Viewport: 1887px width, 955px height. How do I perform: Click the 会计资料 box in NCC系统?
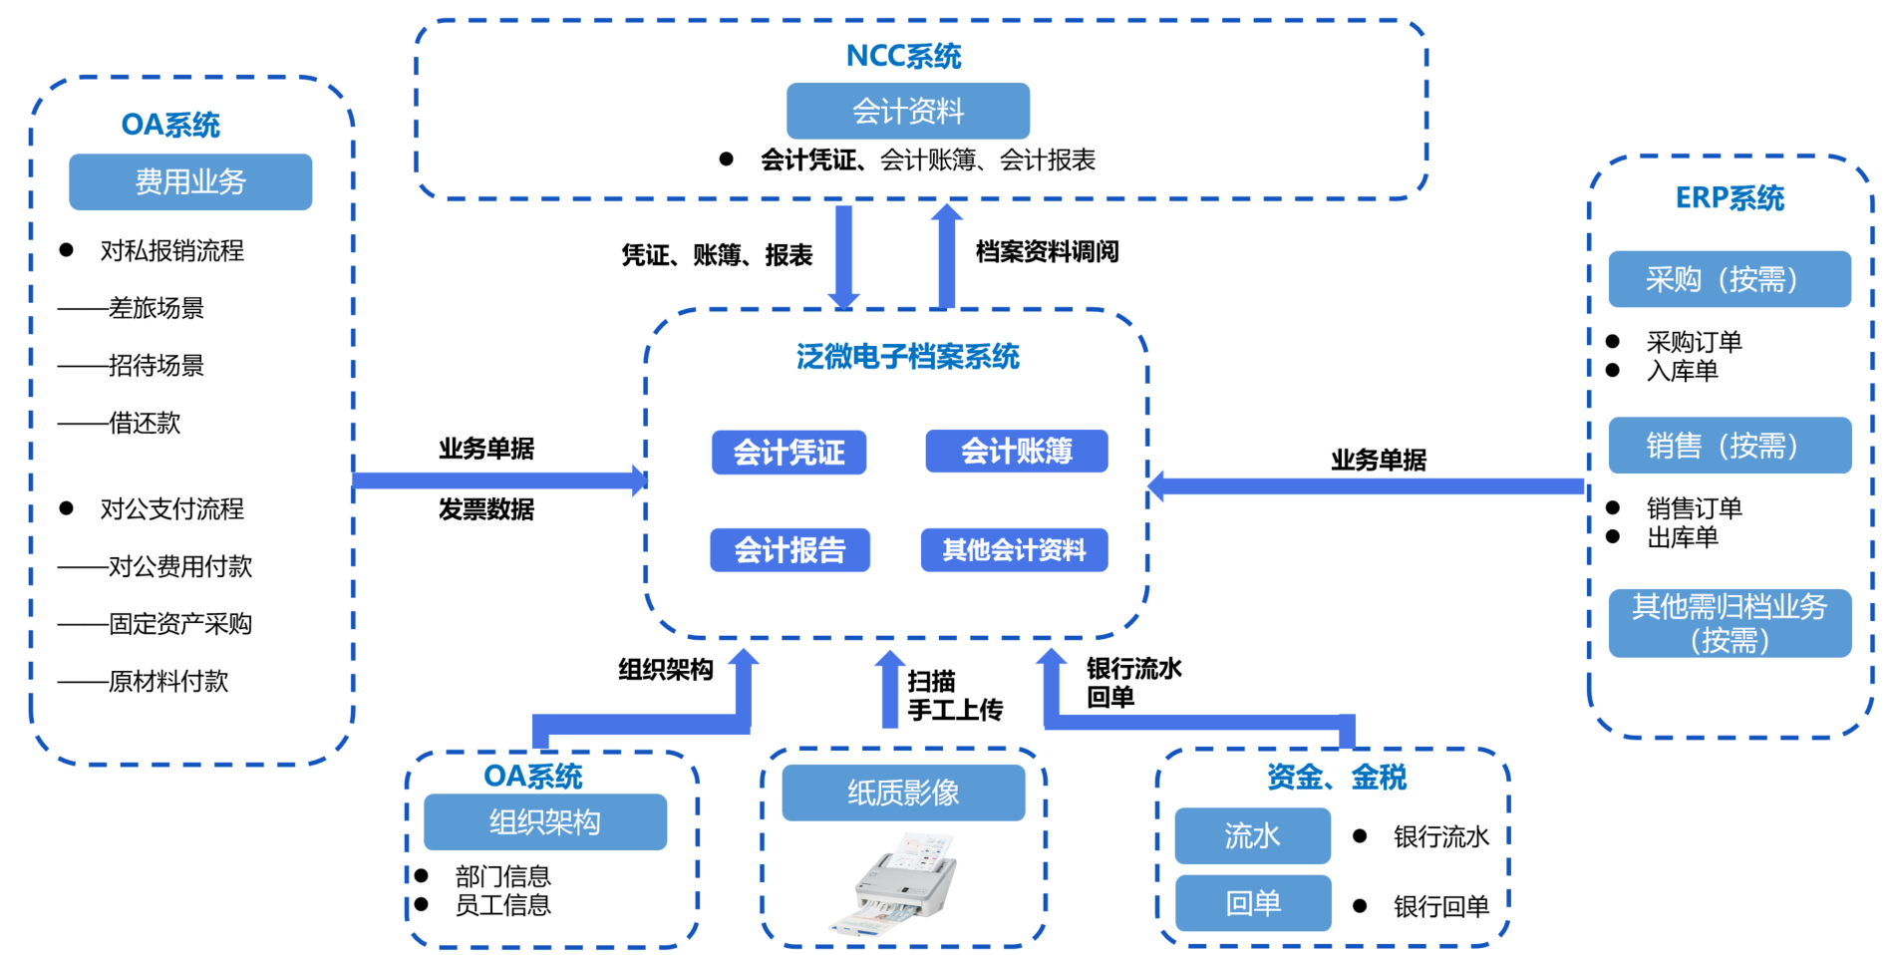point(907,111)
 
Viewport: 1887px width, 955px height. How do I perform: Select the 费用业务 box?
point(189,181)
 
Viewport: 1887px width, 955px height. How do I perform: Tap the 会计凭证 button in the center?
point(788,453)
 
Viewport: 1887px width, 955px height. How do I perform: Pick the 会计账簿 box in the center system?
point(1016,452)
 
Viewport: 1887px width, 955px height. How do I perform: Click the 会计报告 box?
point(789,550)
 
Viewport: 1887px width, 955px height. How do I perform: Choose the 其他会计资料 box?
point(1014,550)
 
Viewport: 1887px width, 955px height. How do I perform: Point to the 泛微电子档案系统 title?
point(907,357)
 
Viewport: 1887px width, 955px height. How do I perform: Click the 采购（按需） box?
point(1730,279)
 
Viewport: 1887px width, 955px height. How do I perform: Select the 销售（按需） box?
point(1730,446)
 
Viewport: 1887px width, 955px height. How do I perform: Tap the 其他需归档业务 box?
point(1730,623)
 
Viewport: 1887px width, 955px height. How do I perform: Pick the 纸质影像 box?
point(903,794)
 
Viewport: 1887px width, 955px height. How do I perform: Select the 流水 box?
point(1252,835)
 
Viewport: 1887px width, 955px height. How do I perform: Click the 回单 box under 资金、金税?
point(1253,903)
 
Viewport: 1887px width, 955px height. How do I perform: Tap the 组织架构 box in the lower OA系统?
point(544,822)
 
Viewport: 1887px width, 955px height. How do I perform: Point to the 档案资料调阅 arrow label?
point(1047,252)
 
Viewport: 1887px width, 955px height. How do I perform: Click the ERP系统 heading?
point(1730,198)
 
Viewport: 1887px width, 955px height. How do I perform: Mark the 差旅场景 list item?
point(156,309)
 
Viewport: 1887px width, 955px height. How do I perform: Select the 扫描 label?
point(931,682)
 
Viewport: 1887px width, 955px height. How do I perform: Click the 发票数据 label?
point(486,509)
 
